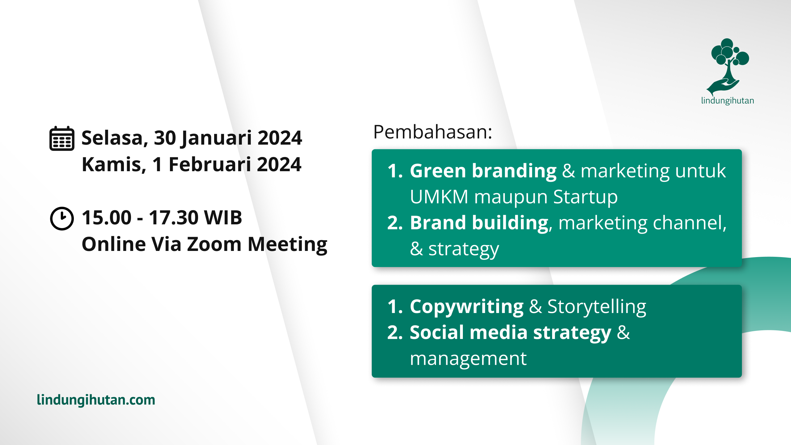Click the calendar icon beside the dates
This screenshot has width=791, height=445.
pyautogui.click(x=62, y=138)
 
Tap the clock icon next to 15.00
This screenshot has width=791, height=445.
pyautogui.click(x=62, y=218)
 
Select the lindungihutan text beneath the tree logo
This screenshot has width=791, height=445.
pyautogui.click(x=727, y=101)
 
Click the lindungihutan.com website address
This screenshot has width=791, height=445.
pyautogui.click(x=96, y=400)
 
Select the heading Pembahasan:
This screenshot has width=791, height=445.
pyautogui.click(x=432, y=132)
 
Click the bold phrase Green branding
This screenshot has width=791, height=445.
pyautogui.click(x=483, y=171)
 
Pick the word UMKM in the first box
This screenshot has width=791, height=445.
pyautogui.click(x=439, y=197)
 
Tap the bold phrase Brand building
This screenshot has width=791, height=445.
pyautogui.click(x=479, y=223)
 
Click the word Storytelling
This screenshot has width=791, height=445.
pyautogui.click(x=596, y=307)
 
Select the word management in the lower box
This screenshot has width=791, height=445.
pyautogui.click(x=468, y=359)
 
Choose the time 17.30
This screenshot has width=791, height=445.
pyautogui.click(x=174, y=218)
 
